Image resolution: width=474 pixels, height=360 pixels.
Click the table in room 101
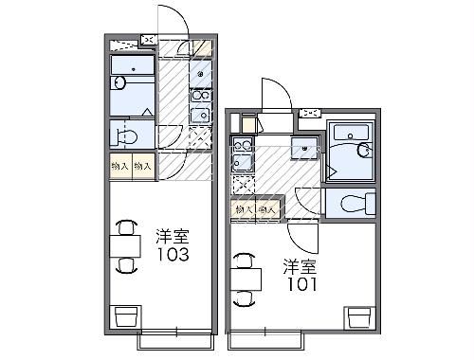point(246,276)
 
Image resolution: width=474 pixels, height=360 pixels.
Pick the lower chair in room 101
point(245,296)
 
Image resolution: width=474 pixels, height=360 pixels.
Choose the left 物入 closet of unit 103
point(119,166)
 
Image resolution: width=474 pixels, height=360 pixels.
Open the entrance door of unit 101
point(274,95)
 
